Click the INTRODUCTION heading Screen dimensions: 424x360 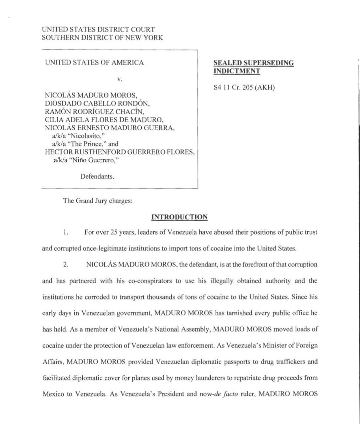[179, 217]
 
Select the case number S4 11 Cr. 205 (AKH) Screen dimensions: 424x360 [244, 88]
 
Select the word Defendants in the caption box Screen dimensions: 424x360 [97, 176]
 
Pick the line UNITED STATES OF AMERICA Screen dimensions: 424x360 [94, 63]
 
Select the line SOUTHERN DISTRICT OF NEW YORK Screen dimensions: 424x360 [102, 38]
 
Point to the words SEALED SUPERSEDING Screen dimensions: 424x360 [254, 63]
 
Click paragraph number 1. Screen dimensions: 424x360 [66, 232]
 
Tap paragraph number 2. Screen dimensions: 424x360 [66, 265]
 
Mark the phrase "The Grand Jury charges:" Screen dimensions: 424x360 [98, 201]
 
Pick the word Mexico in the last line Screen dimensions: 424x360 [53, 394]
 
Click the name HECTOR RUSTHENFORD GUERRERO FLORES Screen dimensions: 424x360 [120, 152]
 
